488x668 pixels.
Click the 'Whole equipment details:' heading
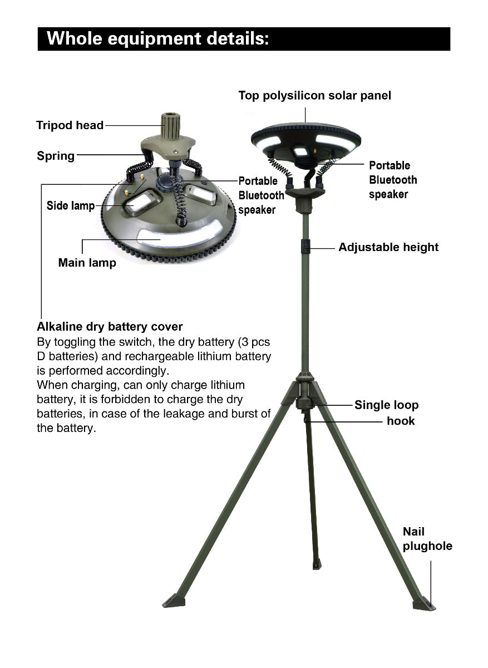tap(157, 39)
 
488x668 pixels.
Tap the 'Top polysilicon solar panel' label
tap(314, 96)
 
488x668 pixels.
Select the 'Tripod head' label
tap(70, 125)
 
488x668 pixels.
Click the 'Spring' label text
tap(56, 156)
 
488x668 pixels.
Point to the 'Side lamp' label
tap(70, 206)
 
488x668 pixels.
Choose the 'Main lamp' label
tap(87, 263)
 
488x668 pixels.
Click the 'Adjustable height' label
tap(388, 247)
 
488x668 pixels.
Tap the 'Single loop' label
tap(386, 405)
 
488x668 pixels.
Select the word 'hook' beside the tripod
tap(401, 421)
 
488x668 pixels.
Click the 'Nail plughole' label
tap(427, 539)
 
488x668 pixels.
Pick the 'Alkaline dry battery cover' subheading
tap(110, 326)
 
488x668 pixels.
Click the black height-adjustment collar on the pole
tap(305, 246)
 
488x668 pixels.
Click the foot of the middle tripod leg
tap(317, 564)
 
